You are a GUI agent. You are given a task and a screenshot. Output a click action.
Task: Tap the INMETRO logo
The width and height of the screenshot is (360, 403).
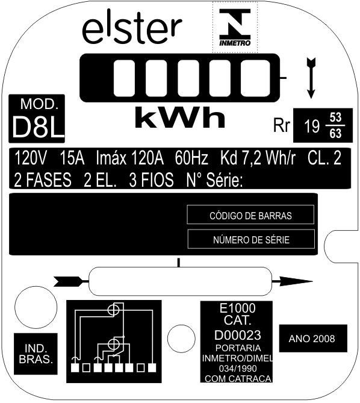[x=235, y=27]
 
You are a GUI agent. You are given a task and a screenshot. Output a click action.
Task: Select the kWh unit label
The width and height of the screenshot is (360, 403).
[x=180, y=117]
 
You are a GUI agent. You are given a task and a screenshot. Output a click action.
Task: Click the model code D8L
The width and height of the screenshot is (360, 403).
[x=38, y=127]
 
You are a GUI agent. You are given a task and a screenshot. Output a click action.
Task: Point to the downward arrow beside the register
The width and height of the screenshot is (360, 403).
[x=311, y=78]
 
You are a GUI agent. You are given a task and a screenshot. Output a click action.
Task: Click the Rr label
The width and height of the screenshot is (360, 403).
[x=282, y=126]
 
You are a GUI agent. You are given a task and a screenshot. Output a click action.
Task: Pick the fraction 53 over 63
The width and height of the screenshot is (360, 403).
[x=335, y=125]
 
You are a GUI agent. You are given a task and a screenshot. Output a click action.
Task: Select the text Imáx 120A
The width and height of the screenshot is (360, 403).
[x=129, y=158]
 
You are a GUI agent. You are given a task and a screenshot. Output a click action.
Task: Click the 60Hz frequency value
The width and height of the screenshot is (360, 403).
[x=191, y=158]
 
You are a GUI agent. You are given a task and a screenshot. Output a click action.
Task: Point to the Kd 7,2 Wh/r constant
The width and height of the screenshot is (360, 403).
[x=258, y=158]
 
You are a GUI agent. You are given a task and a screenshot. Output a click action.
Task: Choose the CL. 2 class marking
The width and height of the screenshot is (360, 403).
[x=324, y=158]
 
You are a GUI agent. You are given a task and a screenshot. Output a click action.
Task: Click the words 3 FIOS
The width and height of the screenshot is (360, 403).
[x=151, y=180]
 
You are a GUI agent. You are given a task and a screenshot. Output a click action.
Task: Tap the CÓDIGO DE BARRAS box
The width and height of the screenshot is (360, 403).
[x=250, y=214]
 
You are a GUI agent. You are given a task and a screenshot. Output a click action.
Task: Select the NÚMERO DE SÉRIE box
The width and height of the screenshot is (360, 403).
[x=252, y=239]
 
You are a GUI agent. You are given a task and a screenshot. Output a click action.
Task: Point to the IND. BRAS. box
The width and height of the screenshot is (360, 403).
[x=36, y=354]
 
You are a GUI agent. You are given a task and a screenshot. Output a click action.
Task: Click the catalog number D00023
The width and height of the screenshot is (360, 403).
[x=238, y=335]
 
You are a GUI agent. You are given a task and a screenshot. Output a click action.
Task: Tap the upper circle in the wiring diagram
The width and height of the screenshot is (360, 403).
[x=113, y=310]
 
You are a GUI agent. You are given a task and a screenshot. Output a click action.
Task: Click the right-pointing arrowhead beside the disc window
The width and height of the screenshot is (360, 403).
[x=296, y=281]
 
